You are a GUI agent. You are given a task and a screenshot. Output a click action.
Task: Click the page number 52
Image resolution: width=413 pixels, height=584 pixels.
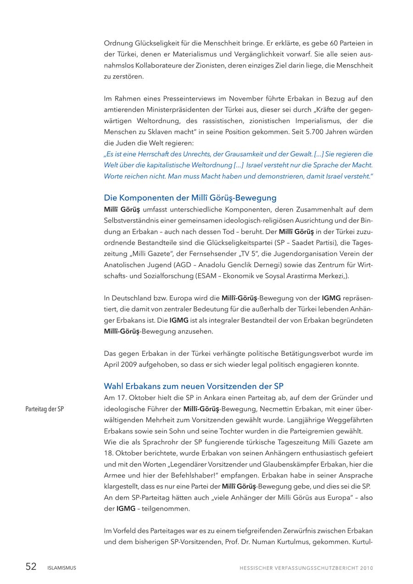point(31,567)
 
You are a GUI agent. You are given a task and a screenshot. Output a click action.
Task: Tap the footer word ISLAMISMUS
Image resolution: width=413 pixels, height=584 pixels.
point(61,568)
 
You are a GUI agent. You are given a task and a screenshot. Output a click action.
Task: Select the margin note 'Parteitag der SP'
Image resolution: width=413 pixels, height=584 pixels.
point(45,409)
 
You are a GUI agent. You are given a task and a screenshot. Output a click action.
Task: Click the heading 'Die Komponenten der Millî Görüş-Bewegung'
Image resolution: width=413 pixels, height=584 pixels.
point(190,198)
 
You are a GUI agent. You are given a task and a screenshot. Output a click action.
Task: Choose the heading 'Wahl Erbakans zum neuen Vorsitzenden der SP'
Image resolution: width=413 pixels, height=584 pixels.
point(194,386)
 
